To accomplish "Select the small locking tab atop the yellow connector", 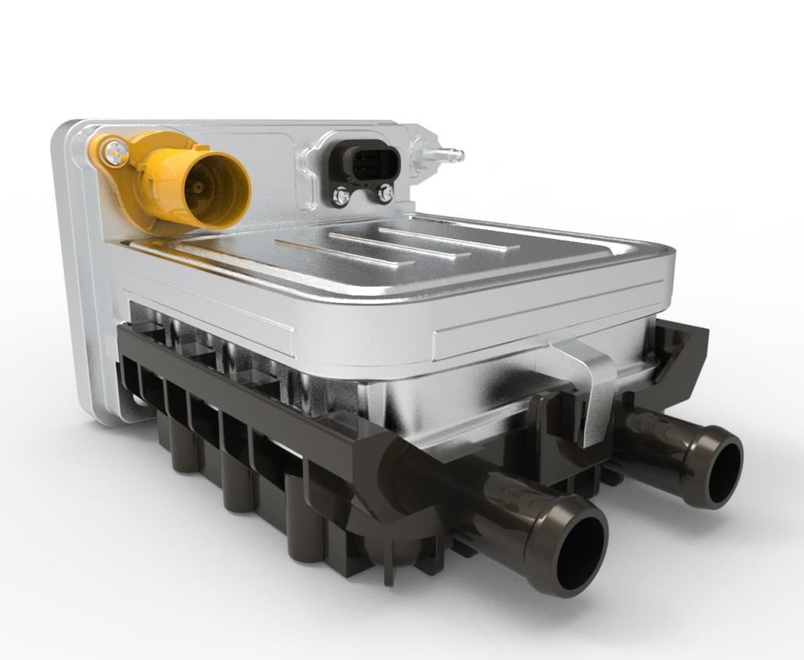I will point(199,146).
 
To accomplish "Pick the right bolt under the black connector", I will point(384,193).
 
